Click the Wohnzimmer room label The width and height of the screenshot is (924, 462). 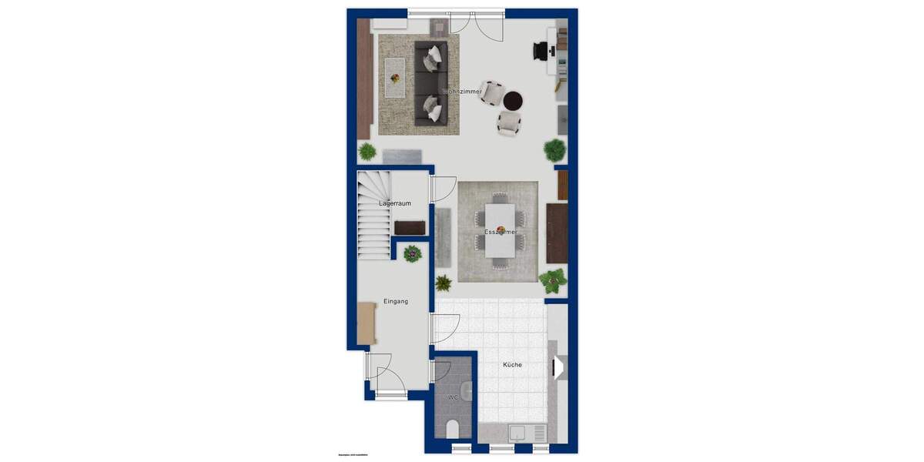[x=464, y=91]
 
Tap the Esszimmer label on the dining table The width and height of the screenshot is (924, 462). [x=500, y=231]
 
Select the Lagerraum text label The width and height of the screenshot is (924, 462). [x=394, y=203]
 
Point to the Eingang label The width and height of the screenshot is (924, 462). [x=396, y=301]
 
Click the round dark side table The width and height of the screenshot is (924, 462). [x=513, y=100]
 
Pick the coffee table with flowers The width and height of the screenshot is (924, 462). [x=396, y=77]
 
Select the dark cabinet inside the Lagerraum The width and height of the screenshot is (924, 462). [x=410, y=227]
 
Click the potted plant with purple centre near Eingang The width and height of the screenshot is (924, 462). [x=413, y=253]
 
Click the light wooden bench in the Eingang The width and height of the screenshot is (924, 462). [x=367, y=323]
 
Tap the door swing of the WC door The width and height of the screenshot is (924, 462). [x=442, y=371]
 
